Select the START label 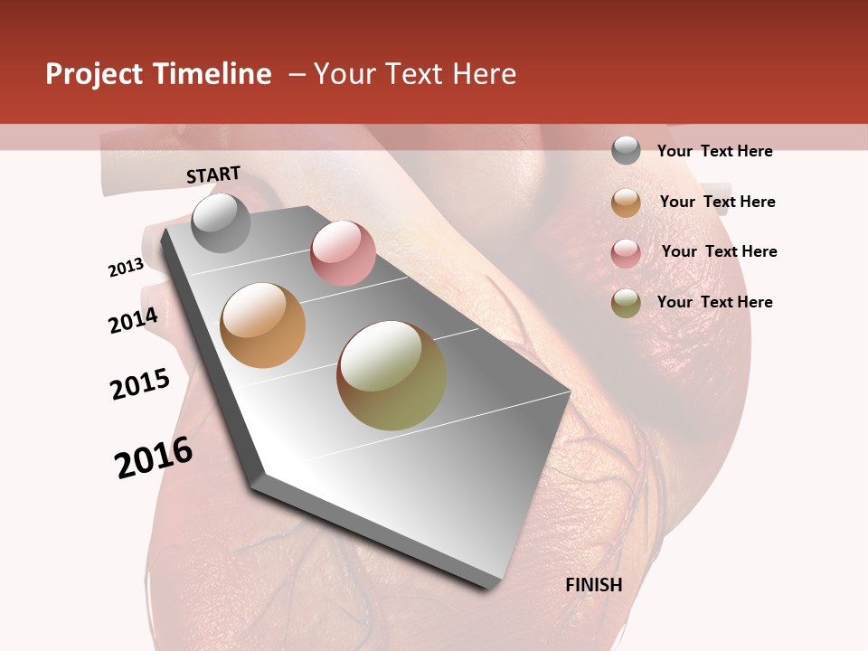click(x=213, y=175)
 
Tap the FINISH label click(x=594, y=585)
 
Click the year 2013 click(x=127, y=268)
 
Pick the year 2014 click(x=134, y=320)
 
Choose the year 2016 click(x=154, y=458)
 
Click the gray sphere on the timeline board click(x=221, y=222)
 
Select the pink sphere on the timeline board click(x=343, y=253)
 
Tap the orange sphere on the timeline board click(x=263, y=325)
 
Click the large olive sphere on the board click(x=392, y=375)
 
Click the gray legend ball click(x=626, y=150)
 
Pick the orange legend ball click(x=626, y=203)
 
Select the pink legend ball click(x=626, y=253)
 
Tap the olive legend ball click(x=626, y=303)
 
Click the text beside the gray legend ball click(x=715, y=152)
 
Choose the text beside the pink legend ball click(x=720, y=251)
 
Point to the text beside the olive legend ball click(x=715, y=302)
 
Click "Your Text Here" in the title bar click(x=415, y=74)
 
